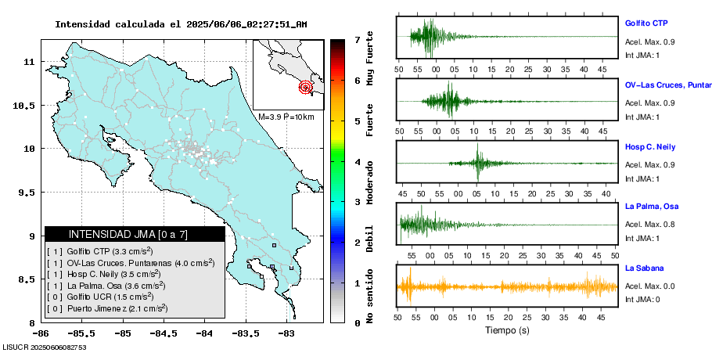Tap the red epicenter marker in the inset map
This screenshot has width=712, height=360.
tap(306, 87)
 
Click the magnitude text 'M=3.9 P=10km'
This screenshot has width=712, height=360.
tap(286, 117)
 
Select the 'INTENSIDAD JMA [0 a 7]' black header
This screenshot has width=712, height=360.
tap(135, 234)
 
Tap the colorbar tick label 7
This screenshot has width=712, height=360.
tap(357, 39)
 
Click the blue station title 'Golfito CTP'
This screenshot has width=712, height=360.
tap(645, 23)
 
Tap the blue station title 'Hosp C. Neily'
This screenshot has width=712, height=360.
tap(649, 147)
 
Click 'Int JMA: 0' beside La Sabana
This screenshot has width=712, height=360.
tap(642, 299)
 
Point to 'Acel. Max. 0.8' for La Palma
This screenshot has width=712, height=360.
tap(650, 225)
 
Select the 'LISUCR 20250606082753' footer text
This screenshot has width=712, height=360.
tap(44, 347)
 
